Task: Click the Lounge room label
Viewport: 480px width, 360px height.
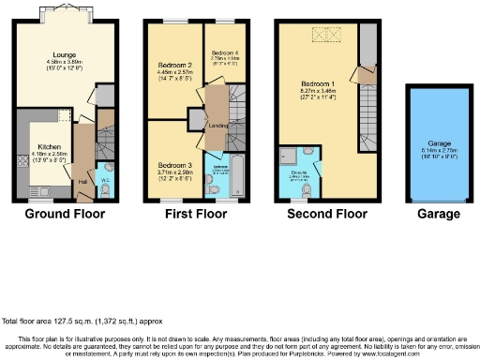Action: [52, 53]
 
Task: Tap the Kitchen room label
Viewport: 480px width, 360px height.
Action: [49, 147]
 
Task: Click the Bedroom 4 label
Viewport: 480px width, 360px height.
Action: [222, 53]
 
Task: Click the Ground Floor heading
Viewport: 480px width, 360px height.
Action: [65, 214]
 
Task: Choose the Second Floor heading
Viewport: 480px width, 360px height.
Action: [328, 214]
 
